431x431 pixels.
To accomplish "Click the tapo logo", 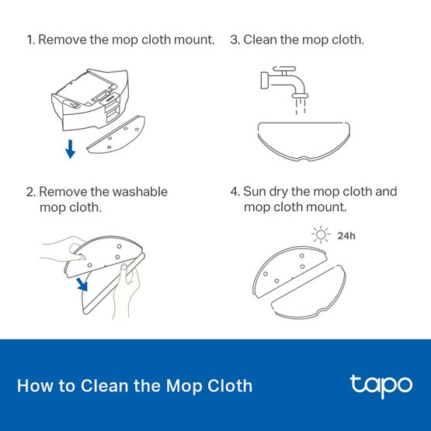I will coord(378,385).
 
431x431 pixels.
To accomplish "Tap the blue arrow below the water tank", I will coord(70,148).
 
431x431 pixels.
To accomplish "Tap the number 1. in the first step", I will coord(30,39).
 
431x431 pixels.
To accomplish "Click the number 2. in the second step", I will coord(30,191).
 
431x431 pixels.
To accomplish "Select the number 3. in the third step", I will coord(235,39).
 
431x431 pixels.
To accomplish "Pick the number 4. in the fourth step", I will coord(235,191).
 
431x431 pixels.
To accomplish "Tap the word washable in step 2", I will coord(141,191).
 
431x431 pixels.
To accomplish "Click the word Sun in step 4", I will coord(255,191).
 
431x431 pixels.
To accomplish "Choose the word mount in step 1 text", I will coord(195,39).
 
